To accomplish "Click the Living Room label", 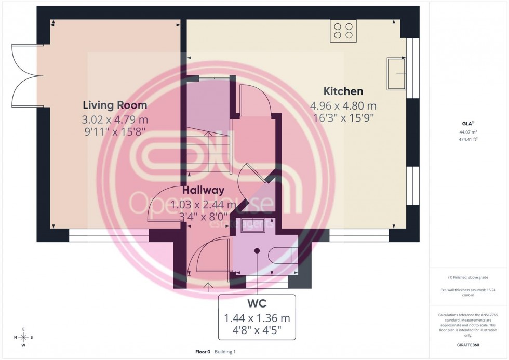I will pos(115,105).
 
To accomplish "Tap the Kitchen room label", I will pos(343,91).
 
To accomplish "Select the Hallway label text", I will pos(203,190).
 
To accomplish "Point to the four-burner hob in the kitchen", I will pos(343,31).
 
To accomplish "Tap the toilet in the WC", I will pos(284,255).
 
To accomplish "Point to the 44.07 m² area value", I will pos(469,132).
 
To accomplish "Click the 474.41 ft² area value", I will pos(469,139).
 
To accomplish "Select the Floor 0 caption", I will pos(203,352).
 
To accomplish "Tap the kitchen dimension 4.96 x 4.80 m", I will pos(343,106).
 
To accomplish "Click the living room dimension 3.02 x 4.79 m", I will pos(115,120).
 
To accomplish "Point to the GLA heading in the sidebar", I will pos(468,124).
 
